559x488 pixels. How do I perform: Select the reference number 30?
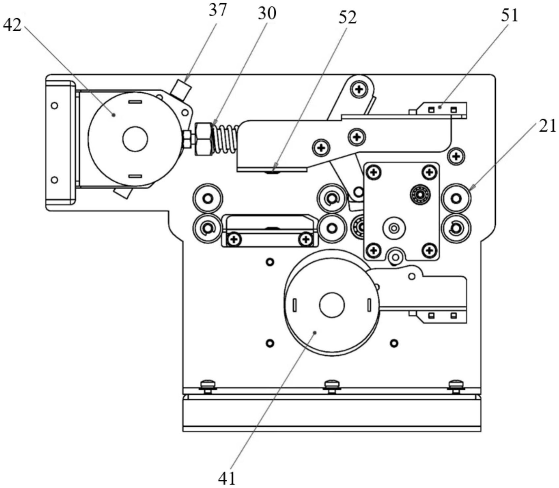[266, 14]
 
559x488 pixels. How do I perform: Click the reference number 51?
[510, 15]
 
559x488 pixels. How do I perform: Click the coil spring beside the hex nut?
[225, 139]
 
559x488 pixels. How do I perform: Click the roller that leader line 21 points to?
[456, 198]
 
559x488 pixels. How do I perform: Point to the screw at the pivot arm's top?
[359, 89]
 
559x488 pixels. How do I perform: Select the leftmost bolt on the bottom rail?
[208, 385]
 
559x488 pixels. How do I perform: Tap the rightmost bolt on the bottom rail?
[456, 385]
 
